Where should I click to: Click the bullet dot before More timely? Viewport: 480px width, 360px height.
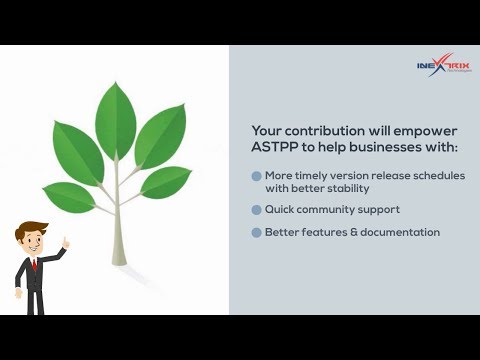[256, 174]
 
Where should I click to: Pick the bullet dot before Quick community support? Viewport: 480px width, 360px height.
[256, 210]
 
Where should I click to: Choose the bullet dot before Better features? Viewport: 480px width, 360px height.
[256, 232]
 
